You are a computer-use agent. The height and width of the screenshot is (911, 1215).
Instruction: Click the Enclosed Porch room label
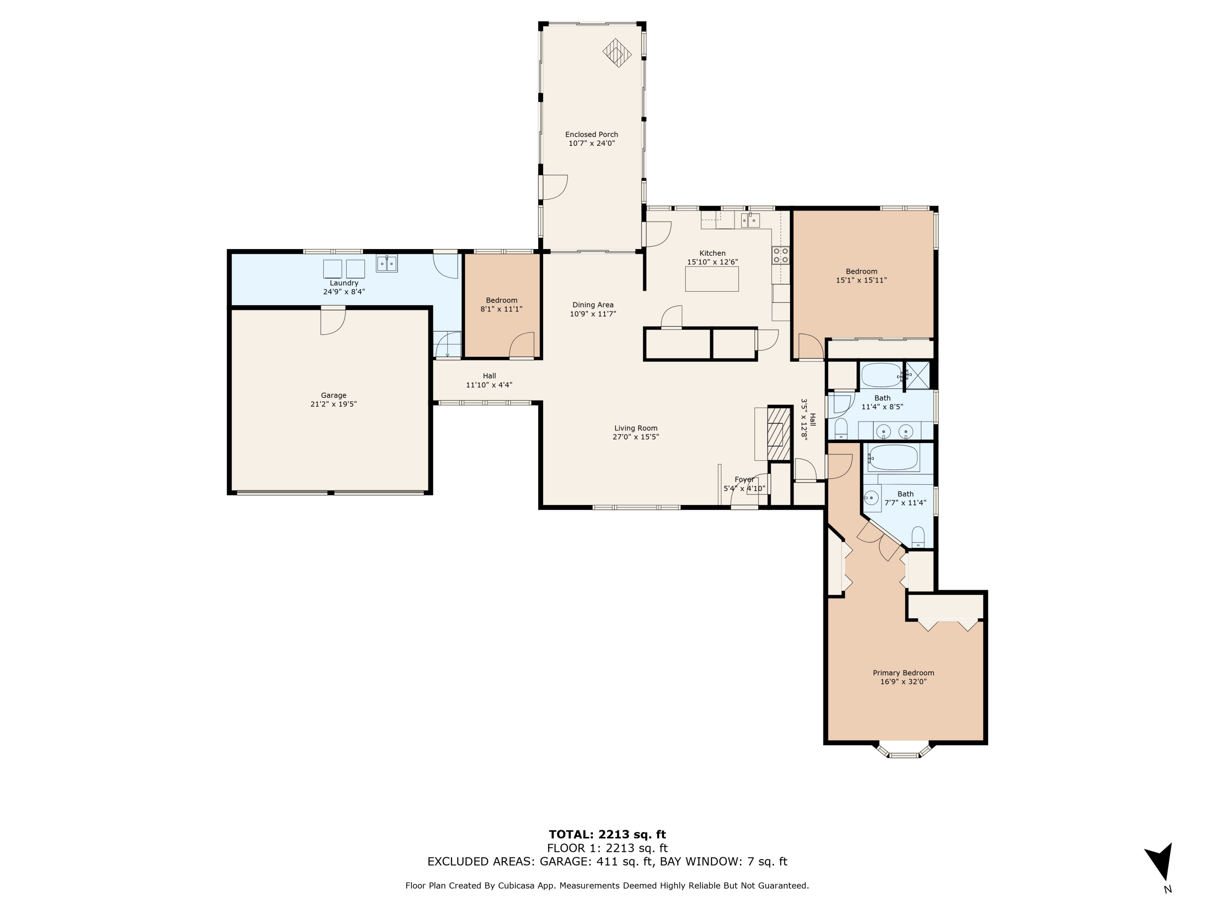[592, 134]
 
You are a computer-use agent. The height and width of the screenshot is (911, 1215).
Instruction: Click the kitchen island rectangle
[712, 279]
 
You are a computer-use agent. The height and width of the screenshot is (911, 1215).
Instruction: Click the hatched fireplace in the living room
[779, 433]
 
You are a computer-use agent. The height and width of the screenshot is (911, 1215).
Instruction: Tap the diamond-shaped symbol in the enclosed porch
[617, 53]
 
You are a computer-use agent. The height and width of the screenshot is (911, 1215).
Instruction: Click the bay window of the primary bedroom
[904, 751]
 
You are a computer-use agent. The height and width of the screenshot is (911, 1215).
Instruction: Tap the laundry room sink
[387, 264]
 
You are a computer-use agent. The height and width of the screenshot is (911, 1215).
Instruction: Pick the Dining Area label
[593, 305]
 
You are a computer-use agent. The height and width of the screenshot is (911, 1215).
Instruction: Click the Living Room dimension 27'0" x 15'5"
[635, 437]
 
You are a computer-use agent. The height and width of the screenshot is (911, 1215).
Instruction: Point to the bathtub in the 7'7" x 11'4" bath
[893, 458]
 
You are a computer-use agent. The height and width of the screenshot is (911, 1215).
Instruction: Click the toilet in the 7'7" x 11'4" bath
[918, 537]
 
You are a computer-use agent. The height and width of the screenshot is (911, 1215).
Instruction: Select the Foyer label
[745, 479]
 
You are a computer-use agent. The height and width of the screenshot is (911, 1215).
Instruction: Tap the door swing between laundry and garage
[333, 321]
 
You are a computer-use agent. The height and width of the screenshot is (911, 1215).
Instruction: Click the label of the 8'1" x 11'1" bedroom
[501, 300]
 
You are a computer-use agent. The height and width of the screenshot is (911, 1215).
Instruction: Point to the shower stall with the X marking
[917, 376]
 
